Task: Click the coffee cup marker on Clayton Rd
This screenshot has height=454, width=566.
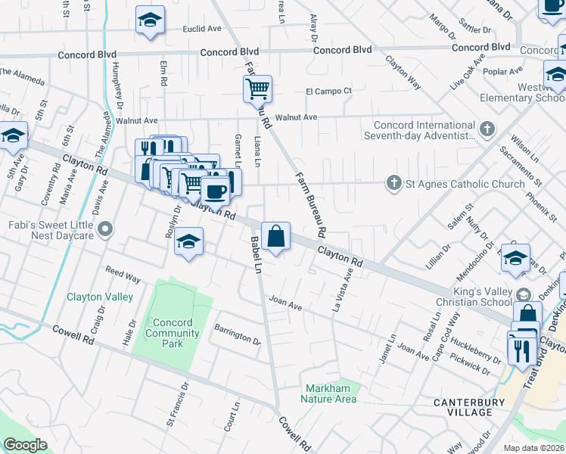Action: point(216,191)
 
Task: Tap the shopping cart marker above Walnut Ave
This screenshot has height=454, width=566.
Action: point(257,89)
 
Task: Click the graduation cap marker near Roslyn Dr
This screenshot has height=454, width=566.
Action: point(188,243)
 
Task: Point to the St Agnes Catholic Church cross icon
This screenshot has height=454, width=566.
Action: point(393,183)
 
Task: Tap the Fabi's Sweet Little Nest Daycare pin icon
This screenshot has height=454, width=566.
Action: point(107,228)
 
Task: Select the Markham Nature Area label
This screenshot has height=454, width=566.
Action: point(328,393)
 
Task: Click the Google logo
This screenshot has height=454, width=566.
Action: point(26,445)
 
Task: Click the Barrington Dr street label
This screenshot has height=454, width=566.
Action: point(237,334)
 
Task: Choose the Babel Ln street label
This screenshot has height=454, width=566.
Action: point(256,256)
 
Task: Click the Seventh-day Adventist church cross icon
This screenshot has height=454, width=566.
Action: point(488,129)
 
